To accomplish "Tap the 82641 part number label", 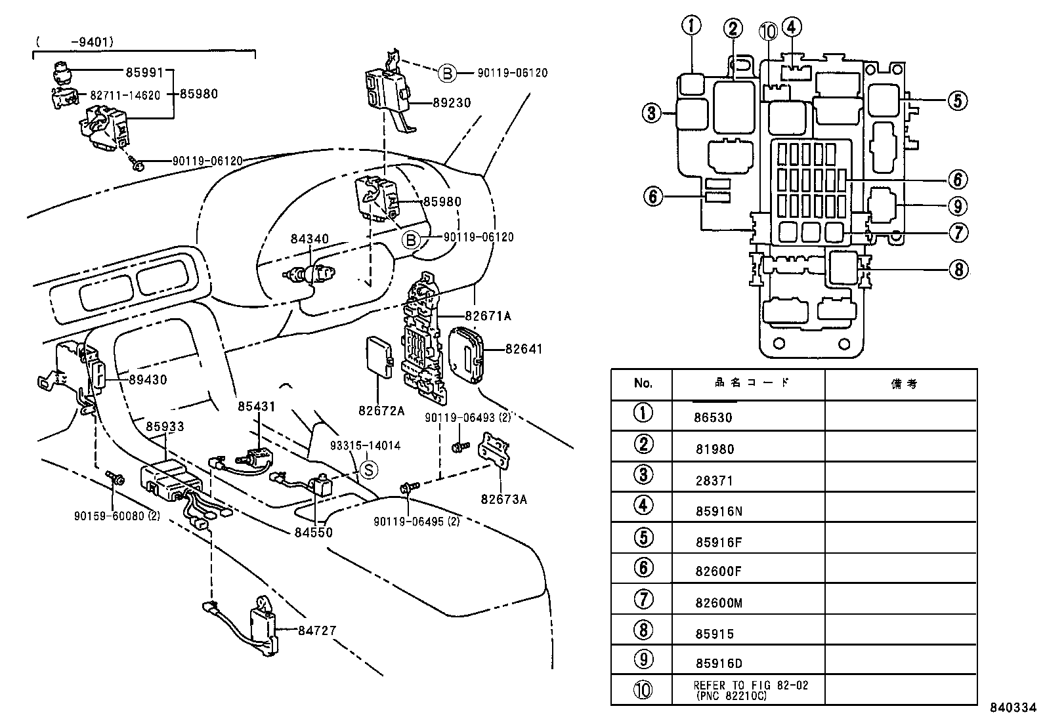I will [524, 349].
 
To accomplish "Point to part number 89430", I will [147, 379].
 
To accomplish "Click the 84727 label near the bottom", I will [316, 630].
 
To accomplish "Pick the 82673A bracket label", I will [503, 499].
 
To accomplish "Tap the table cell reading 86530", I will [714, 417].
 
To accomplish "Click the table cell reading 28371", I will [714, 481].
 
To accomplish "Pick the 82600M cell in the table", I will [719, 603].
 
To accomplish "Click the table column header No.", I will [643, 383].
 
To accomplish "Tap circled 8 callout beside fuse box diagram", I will [958, 269].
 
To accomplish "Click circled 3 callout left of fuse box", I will [651, 113].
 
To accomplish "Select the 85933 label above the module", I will [165, 427].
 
